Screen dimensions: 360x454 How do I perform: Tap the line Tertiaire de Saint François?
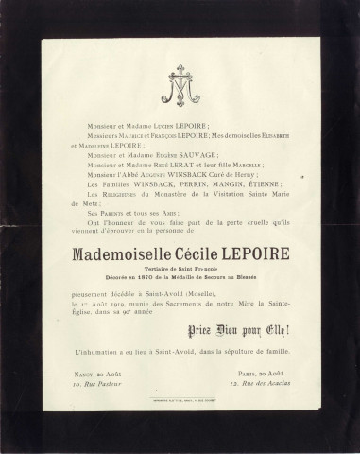[x=180, y=266]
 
